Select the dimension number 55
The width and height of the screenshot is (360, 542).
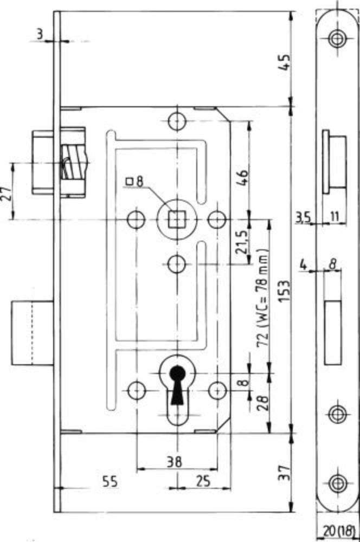(110, 481)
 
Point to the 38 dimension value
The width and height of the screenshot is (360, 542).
(174, 462)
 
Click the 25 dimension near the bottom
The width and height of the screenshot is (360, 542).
(202, 481)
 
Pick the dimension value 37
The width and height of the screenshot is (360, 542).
(284, 473)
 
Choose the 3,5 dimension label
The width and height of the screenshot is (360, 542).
(303, 218)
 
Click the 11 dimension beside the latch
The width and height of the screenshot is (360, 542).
(334, 217)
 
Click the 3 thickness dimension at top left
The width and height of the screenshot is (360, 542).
(40, 34)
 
